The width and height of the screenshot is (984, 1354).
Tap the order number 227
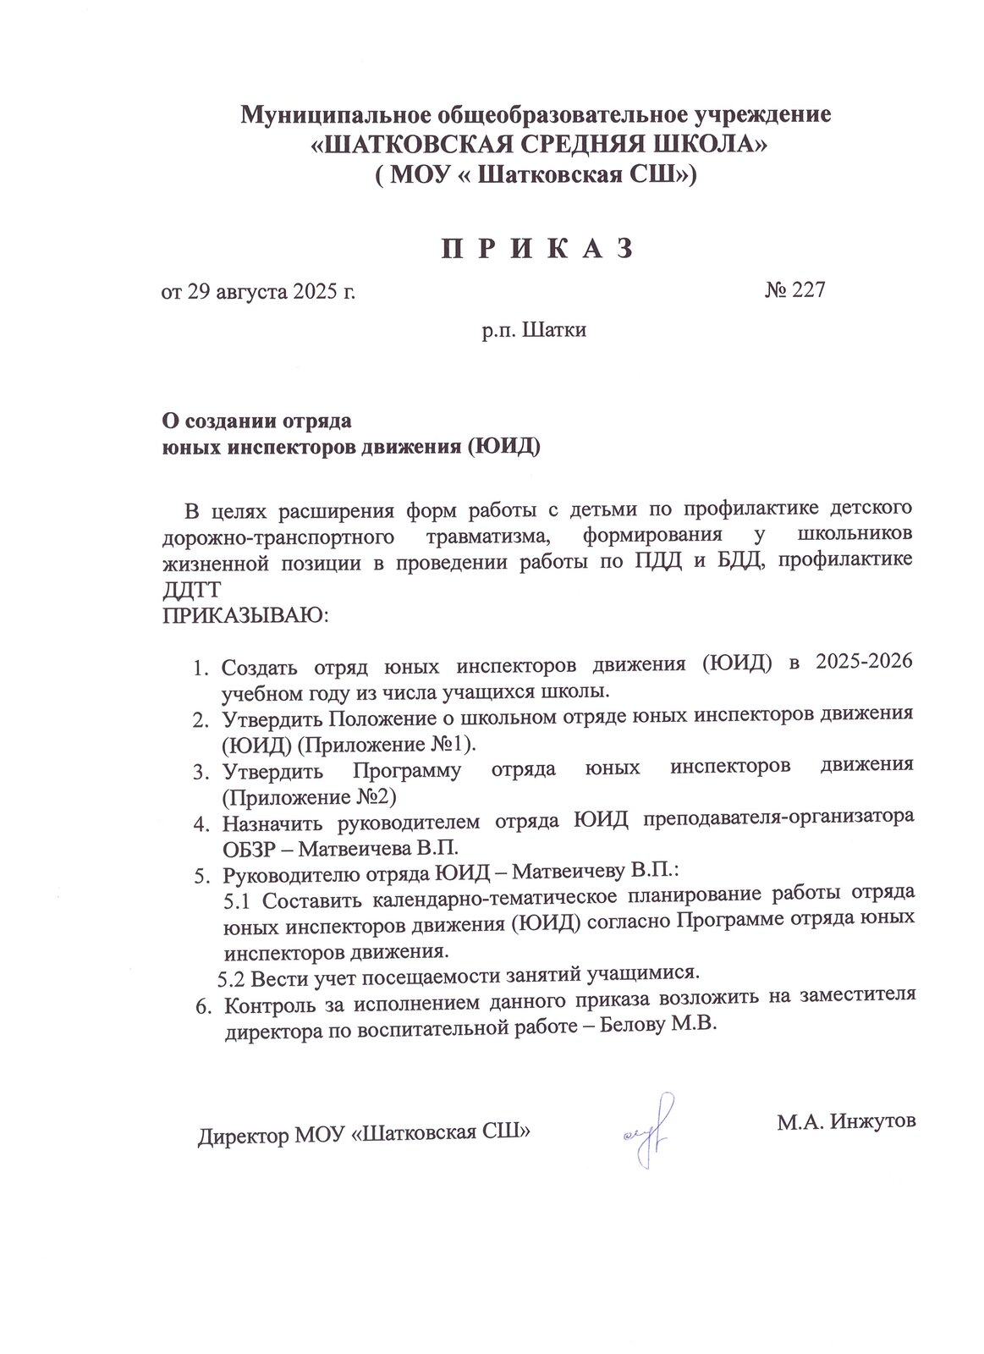808,290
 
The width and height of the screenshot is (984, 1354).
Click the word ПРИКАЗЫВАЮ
245,614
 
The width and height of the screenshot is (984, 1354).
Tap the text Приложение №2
308,797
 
